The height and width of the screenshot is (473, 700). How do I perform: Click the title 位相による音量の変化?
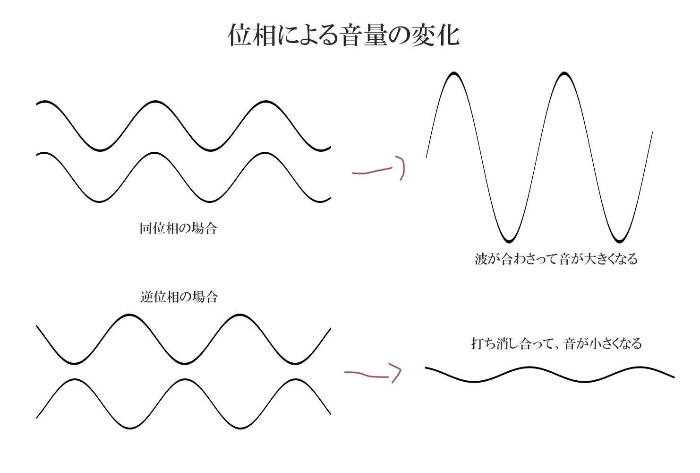(x=344, y=35)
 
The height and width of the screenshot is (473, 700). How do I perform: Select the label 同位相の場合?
(x=178, y=228)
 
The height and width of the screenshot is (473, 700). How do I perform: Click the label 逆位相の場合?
(x=179, y=297)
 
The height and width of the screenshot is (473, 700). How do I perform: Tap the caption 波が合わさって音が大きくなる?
(x=556, y=259)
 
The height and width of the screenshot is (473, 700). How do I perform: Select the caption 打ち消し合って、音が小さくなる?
(x=556, y=343)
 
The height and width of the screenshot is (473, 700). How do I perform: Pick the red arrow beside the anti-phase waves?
(x=373, y=373)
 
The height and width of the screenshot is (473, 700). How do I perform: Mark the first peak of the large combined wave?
(x=453, y=74)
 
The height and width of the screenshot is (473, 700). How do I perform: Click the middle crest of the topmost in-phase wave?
(x=155, y=102)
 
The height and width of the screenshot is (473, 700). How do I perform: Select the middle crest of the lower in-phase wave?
(x=155, y=153)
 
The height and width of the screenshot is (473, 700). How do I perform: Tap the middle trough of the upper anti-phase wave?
(x=184, y=363)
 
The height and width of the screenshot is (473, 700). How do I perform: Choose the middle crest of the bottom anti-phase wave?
(x=184, y=379)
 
